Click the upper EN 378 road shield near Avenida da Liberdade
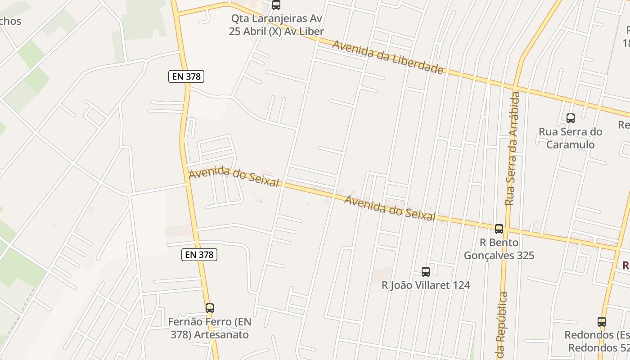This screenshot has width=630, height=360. click(186, 76)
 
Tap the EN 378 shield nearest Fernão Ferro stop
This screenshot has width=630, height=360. click(199, 255)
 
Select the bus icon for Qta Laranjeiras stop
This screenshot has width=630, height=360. click(276, 5)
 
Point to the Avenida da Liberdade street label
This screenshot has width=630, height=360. click(388, 57)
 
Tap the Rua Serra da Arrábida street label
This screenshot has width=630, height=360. click(513, 148)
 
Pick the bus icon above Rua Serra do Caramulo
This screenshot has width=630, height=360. click(571, 118)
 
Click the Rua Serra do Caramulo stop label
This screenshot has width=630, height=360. click(571, 138)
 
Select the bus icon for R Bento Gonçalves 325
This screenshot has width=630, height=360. click(499, 229)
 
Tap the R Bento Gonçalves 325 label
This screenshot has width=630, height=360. click(499, 249)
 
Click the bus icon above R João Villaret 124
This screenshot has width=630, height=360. click(426, 272)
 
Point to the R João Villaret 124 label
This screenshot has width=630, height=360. click(426, 285)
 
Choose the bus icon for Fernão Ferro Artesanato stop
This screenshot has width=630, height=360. click(209, 308)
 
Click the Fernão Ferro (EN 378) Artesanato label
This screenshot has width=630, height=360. click(209, 328)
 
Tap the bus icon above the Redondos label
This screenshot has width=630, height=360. click(602, 322)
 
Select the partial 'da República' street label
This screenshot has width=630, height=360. click(501, 326)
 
